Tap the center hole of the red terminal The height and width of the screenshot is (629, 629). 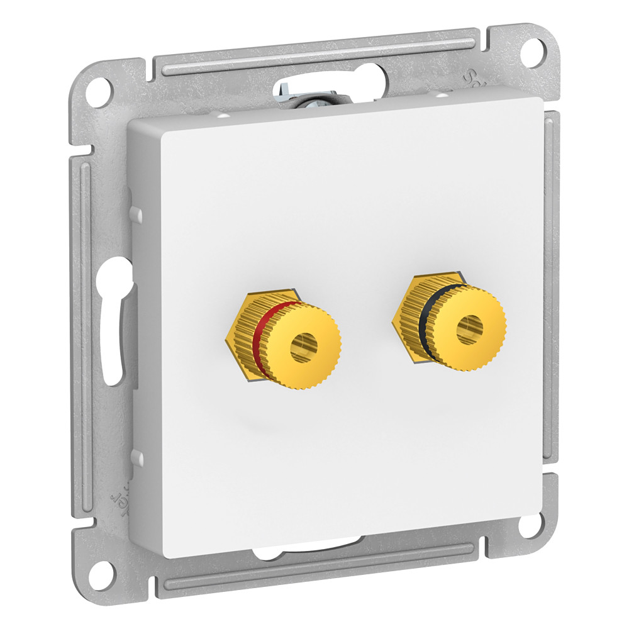(303, 347)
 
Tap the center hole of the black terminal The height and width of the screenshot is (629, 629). (469, 328)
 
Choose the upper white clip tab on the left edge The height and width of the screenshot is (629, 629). (133, 214)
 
